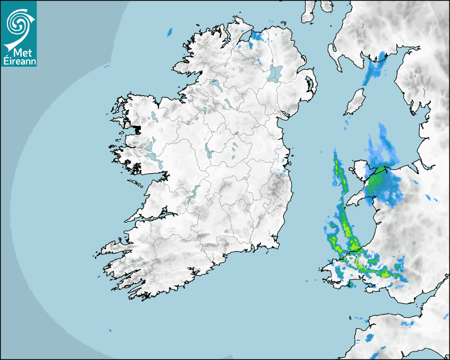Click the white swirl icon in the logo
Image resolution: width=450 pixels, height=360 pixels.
coord(19,22)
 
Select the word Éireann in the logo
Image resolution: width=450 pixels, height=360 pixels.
coord(19,61)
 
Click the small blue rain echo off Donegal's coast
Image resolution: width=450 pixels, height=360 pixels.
coord(170,32)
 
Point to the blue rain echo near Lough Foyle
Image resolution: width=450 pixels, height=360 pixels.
coord(257,37)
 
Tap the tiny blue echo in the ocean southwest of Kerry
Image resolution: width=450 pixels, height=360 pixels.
coord(110,330)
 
